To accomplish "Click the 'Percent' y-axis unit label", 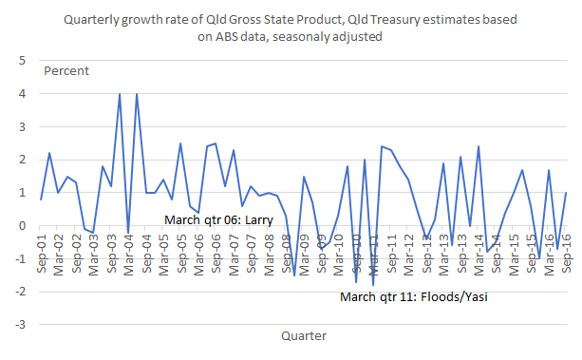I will coord(67,71).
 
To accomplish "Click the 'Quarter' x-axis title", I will coord(304,335).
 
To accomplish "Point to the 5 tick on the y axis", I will coord(23,61).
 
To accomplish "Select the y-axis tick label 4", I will coord(23,94).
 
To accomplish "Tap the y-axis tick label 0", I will coord(23,226).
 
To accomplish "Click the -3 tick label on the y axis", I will coord(20,325).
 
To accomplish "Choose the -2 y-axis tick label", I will coord(20,293).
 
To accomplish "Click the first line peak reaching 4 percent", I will coord(120,94).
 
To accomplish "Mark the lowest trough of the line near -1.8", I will coord(373,285).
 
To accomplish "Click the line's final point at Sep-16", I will coord(567,193).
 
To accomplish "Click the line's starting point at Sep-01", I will coord(41,199).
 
